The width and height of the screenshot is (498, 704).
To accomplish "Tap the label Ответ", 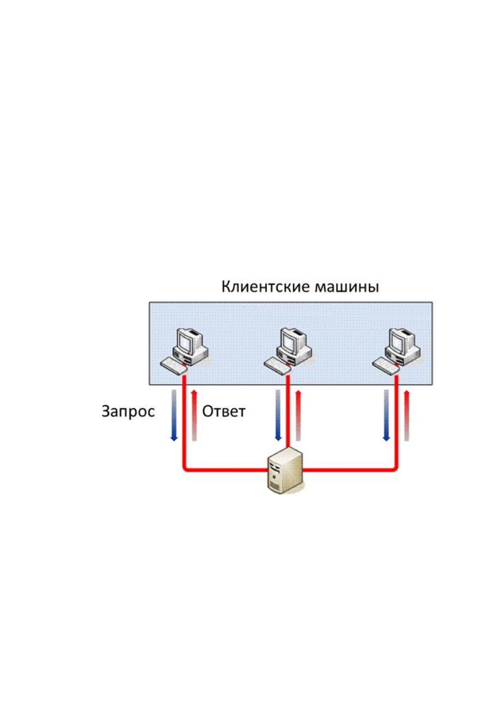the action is coord(224,411).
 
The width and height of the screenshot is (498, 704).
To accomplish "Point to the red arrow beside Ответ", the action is coord(194,416).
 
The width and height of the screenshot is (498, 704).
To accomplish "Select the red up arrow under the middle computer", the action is coord(299,416).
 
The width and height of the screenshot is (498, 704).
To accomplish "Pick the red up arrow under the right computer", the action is coord(407,416).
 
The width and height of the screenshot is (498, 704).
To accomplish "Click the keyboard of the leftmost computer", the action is coord(174,365).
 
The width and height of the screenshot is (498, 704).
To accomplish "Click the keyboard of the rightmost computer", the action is coord(386,365).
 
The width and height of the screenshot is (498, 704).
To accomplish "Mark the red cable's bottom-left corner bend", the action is coord(186,469).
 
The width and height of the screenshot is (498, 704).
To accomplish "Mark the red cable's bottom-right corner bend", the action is coord(395,469).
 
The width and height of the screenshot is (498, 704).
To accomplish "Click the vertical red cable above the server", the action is coord(288,412).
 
